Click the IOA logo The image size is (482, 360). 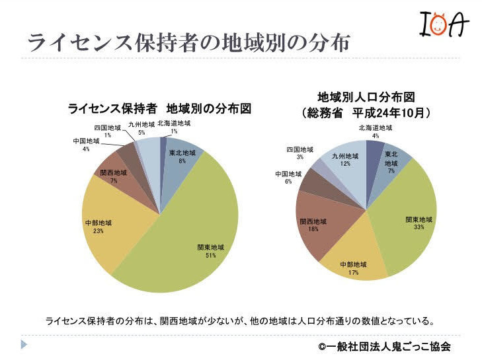(444, 26)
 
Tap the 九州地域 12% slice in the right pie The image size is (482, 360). (347, 165)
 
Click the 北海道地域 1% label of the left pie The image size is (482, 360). (174, 127)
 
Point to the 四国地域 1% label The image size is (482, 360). (107, 131)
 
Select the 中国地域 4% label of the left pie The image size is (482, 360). (86, 145)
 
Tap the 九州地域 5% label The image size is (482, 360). (141, 128)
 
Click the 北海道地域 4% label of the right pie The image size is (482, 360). (375, 131)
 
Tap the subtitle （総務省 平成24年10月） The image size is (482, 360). (366, 113)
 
